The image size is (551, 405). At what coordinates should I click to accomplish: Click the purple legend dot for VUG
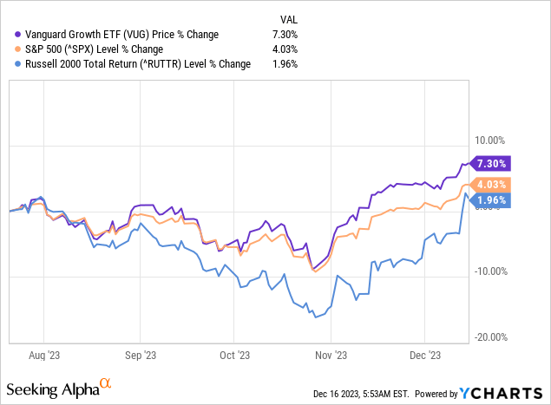pos(10,34)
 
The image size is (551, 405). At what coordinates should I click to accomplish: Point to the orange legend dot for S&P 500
pos(10,49)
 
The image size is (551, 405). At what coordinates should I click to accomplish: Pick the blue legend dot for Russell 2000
pos(10,63)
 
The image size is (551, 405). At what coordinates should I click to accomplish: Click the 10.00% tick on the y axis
pos(492,140)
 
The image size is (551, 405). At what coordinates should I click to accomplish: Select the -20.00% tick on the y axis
pos(490,337)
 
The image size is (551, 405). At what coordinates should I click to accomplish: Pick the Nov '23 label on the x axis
pos(330,354)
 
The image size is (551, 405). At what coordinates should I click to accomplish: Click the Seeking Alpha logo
pos(60,384)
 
